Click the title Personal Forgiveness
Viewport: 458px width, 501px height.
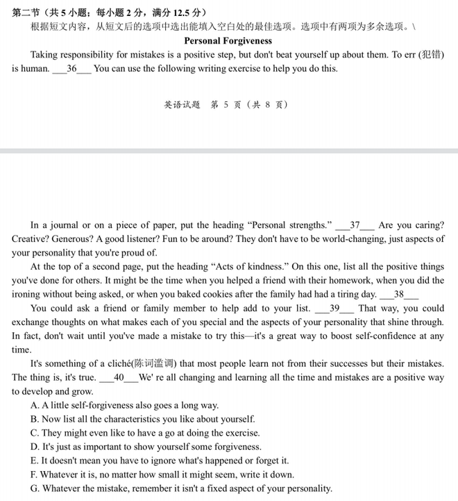pos(228,41)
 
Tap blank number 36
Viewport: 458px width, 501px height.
pos(71,69)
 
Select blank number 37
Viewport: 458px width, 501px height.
pos(355,225)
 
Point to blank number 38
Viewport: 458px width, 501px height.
pos(399,295)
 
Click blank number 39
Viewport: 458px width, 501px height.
pos(334,309)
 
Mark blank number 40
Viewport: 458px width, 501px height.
pos(118,377)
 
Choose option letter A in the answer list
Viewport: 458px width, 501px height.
pos(35,405)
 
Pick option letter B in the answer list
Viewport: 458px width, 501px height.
pos(35,419)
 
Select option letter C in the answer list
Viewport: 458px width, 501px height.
pos(35,433)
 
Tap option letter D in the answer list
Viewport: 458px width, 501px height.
pos(35,447)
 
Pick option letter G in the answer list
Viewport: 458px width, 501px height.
pos(35,488)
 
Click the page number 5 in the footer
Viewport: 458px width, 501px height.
pos(226,105)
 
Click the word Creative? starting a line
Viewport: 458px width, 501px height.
pos(31,239)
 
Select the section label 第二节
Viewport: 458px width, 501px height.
pos(26,13)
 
